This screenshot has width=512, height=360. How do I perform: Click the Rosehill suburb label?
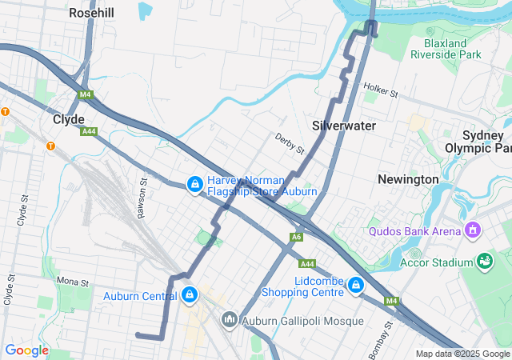click(x=91, y=13)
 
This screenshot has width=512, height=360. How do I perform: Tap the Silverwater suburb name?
click(x=343, y=126)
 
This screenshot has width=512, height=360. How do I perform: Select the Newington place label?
click(x=408, y=179)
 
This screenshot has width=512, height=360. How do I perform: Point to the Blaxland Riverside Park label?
click(x=446, y=48)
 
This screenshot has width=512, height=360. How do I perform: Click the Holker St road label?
click(x=380, y=90)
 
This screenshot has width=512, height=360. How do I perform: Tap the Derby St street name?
click(x=290, y=144)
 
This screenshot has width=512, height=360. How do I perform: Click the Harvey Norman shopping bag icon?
click(x=194, y=185)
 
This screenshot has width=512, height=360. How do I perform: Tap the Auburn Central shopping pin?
click(x=189, y=295)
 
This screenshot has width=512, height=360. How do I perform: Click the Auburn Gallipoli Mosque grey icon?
click(x=230, y=321)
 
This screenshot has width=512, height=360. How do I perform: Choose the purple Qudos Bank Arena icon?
click(x=473, y=231)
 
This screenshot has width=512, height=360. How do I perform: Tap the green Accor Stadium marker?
click(x=484, y=261)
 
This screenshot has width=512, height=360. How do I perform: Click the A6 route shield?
click(x=297, y=237)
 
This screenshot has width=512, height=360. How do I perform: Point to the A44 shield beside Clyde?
click(x=89, y=131)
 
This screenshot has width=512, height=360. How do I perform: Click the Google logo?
click(x=26, y=350)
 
